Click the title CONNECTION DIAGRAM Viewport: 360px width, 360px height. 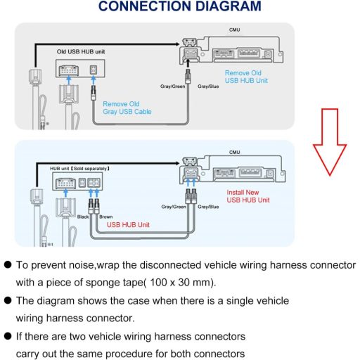(179, 8)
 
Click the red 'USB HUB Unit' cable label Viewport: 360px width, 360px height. (129, 225)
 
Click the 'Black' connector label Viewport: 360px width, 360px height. (83, 217)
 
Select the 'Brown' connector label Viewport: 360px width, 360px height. (105, 217)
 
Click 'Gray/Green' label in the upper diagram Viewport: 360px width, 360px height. (174, 87)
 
